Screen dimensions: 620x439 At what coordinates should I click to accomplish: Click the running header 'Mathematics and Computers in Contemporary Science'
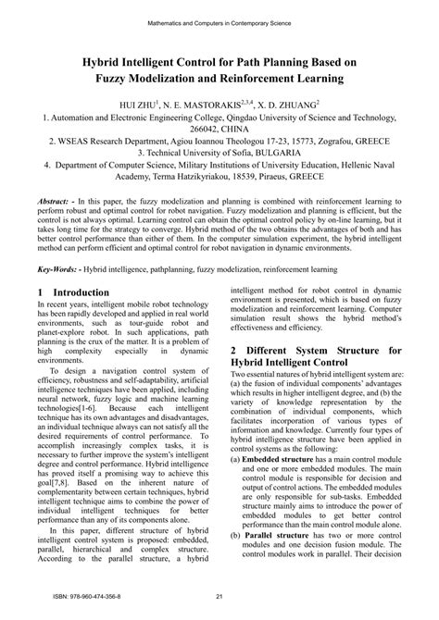tap(219, 18)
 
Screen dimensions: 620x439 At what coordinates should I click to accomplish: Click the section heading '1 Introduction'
tap(74, 292)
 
